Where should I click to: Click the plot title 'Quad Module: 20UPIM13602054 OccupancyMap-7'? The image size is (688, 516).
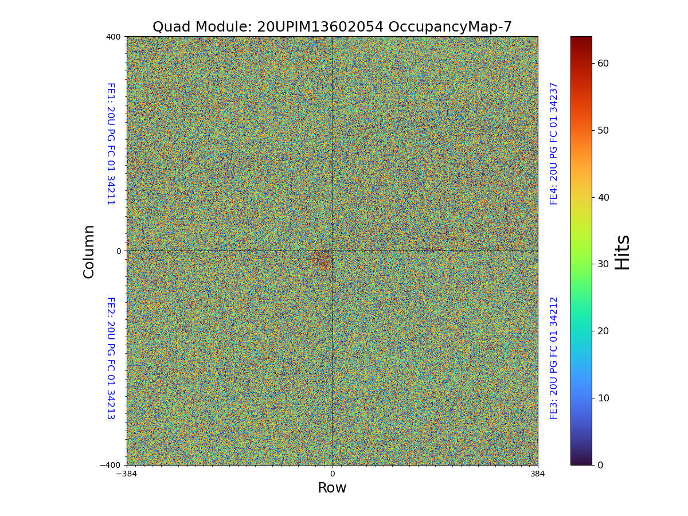point(332,27)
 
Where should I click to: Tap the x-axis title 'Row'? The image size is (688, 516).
point(332,488)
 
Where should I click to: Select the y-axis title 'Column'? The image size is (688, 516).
point(89,251)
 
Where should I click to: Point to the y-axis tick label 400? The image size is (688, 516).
point(114,37)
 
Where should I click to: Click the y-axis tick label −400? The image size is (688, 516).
point(110,465)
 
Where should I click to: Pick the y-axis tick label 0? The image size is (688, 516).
point(119,251)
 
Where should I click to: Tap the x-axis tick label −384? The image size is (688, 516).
point(126,474)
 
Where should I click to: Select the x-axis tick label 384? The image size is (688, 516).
point(538,474)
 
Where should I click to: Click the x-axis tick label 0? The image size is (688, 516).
point(332,474)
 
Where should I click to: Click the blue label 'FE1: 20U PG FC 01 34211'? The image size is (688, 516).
point(110,143)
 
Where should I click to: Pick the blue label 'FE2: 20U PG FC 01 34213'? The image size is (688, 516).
point(110,358)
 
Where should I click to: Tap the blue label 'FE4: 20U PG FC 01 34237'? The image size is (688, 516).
point(554,143)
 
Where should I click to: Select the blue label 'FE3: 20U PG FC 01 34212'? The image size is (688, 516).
point(554,358)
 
